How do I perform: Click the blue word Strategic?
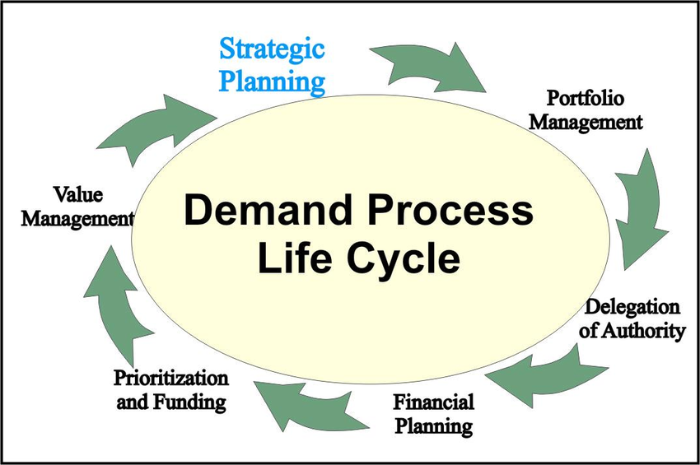coord(272,50)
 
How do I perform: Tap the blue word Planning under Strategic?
coord(272,82)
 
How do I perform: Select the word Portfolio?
coord(586,98)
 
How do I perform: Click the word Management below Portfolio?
coord(586,123)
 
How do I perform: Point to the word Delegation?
coord(632,307)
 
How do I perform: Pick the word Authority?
coord(643,331)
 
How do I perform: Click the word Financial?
coord(433,402)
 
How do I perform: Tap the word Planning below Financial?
coord(434,426)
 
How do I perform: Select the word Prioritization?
coord(171,378)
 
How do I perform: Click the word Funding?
coord(189,402)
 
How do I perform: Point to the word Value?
coord(78,194)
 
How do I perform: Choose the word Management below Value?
coord(77,219)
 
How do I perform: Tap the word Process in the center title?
coord(451,210)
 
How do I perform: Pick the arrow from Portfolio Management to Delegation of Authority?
coord(641,210)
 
